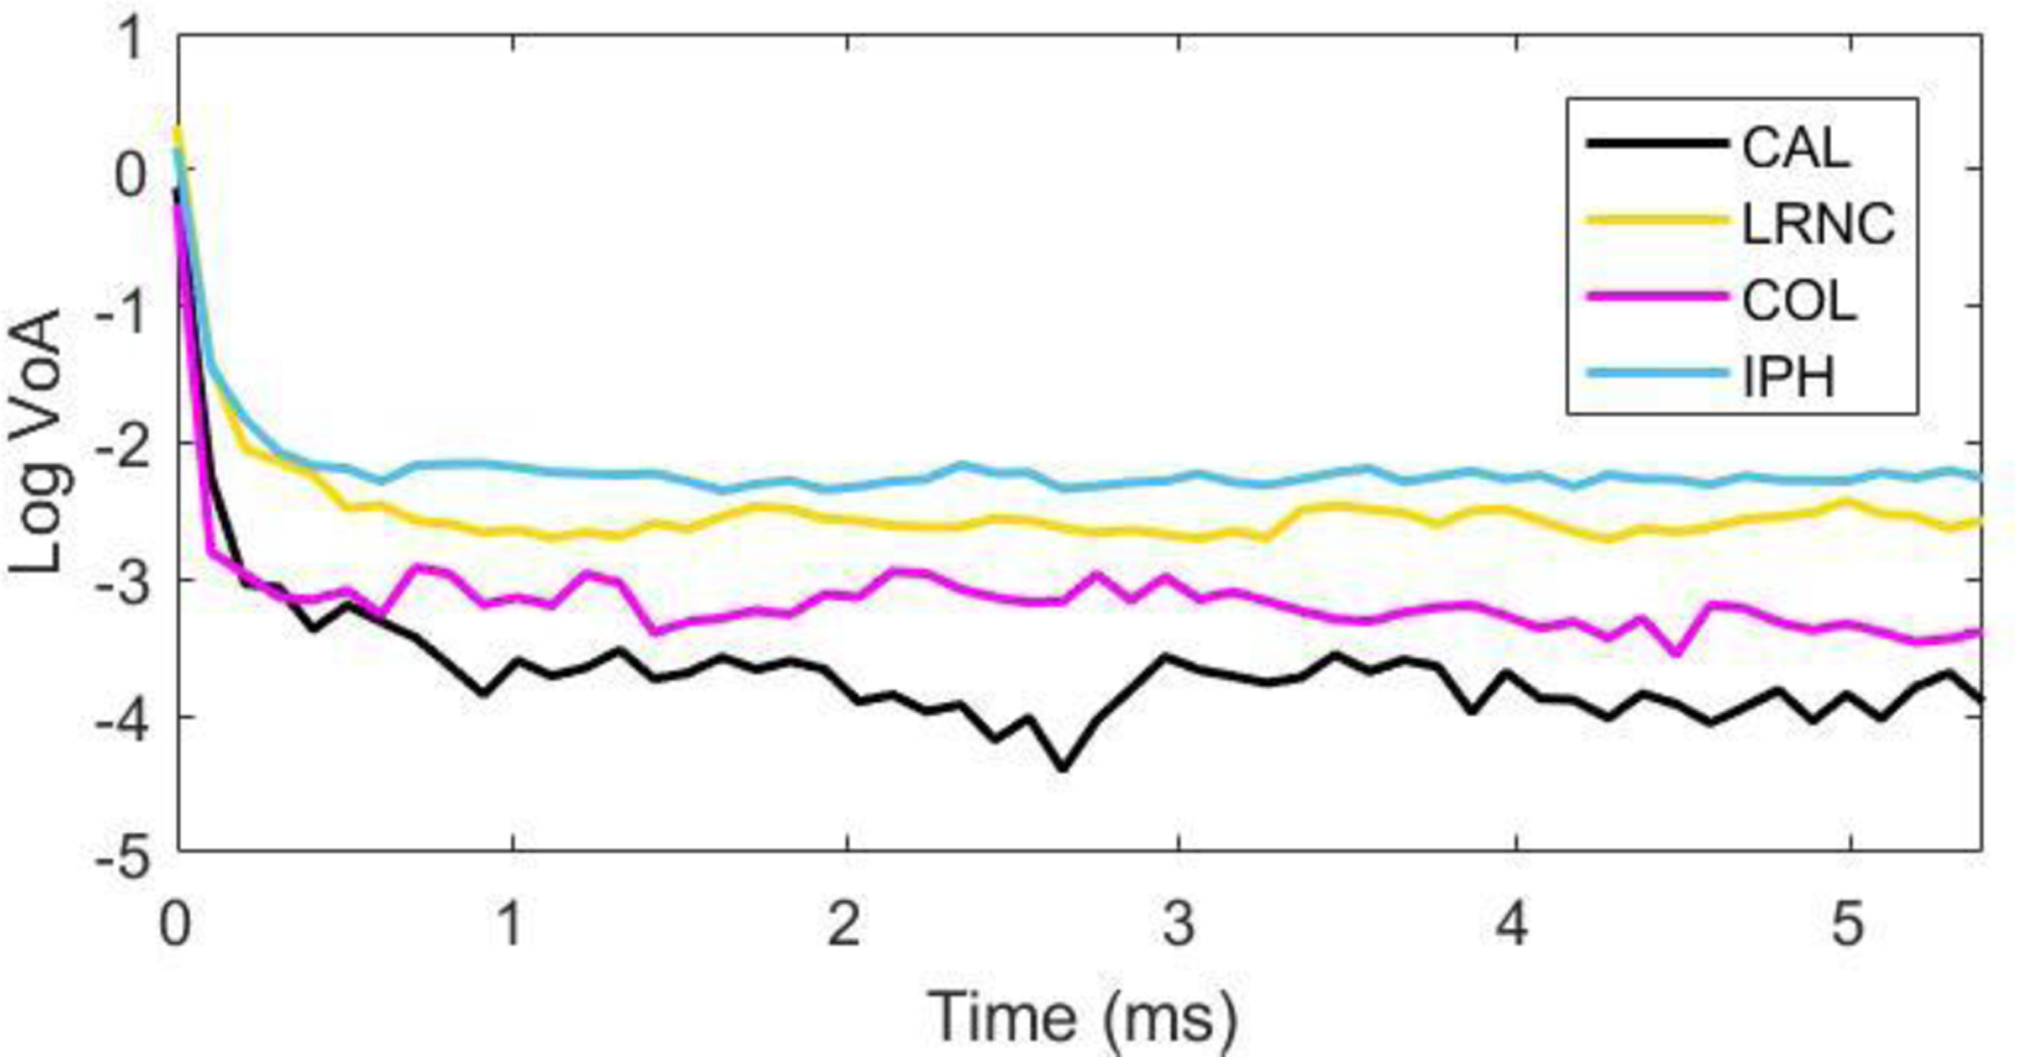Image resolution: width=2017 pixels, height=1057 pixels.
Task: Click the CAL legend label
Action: pyautogui.click(x=1795, y=149)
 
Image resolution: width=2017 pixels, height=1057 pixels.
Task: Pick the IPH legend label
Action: pyautogui.click(x=1788, y=377)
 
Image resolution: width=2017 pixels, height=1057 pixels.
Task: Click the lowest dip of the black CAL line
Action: pyautogui.click(x=1062, y=769)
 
